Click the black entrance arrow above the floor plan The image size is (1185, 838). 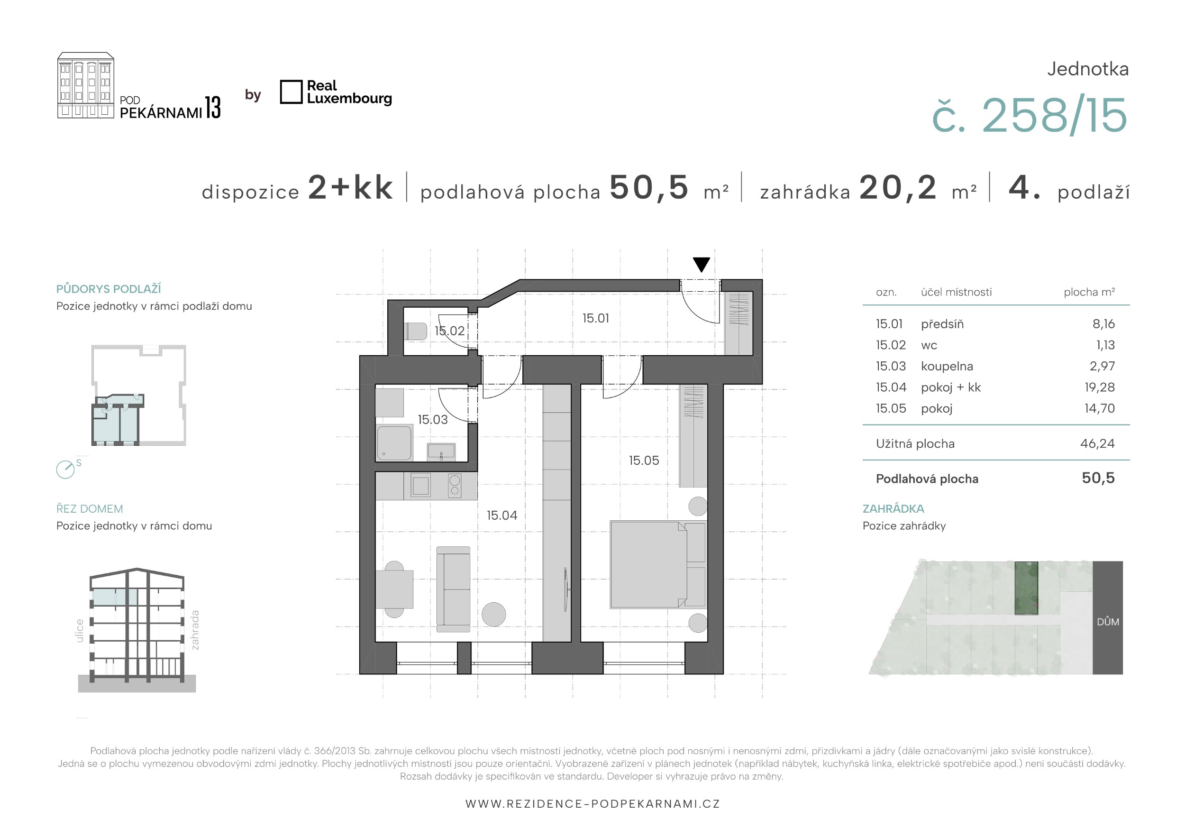click(x=701, y=264)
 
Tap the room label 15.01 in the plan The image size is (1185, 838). click(x=596, y=318)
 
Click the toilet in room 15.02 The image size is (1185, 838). click(x=416, y=331)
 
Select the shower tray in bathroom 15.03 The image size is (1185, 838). click(x=394, y=442)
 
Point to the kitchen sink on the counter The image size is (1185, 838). click(x=420, y=485)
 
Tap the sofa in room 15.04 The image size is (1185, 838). click(x=453, y=589)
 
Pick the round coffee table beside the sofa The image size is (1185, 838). click(x=493, y=615)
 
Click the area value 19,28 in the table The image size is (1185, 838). click(x=1099, y=387)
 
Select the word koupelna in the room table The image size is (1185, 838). click(x=947, y=367)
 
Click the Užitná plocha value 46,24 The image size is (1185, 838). click(x=1097, y=443)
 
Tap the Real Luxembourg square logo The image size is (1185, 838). click(x=291, y=92)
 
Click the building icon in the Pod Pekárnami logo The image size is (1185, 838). click(x=86, y=85)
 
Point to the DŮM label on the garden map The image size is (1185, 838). click(x=1108, y=622)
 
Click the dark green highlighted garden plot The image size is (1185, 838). click(x=1026, y=588)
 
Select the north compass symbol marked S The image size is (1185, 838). click(x=65, y=470)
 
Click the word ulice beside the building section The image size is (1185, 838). click(x=80, y=630)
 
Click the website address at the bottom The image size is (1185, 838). click(x=592, y=803)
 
